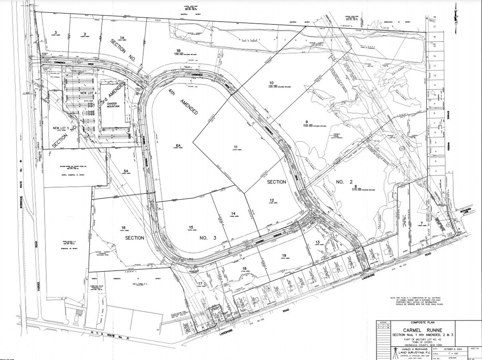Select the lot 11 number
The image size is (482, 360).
(236, 146)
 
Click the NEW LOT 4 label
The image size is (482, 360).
(88, 93)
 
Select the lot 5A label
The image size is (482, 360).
(125, 170)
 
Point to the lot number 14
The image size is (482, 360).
(233, 213)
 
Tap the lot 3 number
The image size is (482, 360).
(56, 32)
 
